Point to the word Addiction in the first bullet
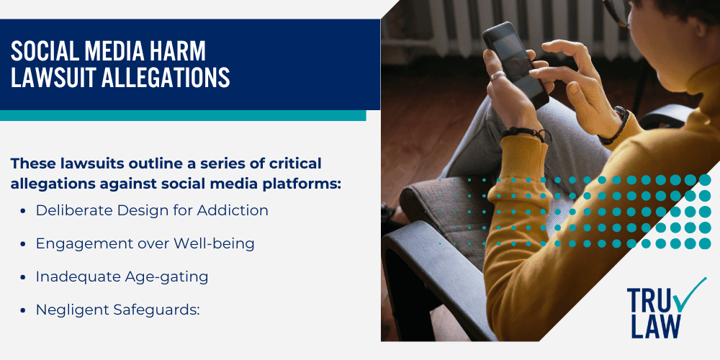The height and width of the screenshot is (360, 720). [233, 210]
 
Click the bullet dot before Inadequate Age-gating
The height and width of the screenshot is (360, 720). [22, 278]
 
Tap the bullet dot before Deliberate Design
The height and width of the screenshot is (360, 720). [22, 211]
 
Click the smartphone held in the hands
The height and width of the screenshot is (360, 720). [516, 64]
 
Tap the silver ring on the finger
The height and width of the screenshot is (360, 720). [498, 76]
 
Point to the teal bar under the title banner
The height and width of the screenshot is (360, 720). [183, 115]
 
